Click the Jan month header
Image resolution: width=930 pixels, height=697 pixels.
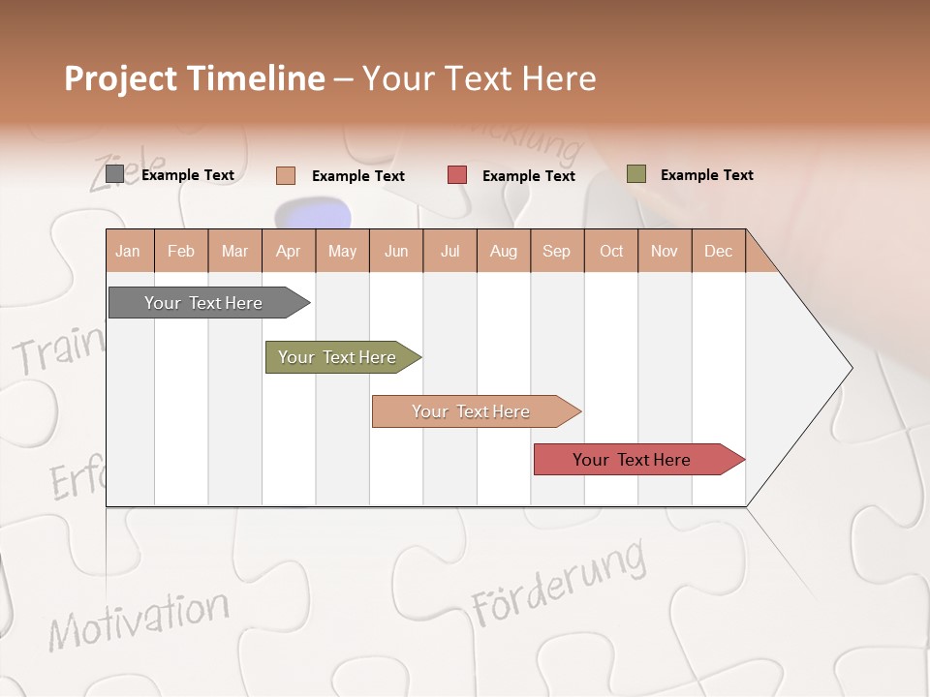click(x=129, y=252)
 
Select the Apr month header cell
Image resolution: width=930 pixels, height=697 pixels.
click(x=289, y=252)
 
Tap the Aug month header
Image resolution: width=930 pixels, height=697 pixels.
click(x=504, y=252)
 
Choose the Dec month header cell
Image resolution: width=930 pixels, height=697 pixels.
click(x=718, y=252)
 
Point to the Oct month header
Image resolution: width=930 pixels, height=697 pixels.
click(x=611, y=252)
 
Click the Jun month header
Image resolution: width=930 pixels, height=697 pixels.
click(x=396, y=252)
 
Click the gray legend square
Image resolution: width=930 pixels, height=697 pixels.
click(x=114, y=174)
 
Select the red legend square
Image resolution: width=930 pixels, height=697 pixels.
click(x=457, y=175)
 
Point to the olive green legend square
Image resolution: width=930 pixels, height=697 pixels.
click(x=635, y=174)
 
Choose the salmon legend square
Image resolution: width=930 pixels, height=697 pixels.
click(x=285, y=175)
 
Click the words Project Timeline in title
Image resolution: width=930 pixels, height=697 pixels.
click(x=194, y=78)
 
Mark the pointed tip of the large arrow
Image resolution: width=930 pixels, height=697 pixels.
click(x=851, y=368)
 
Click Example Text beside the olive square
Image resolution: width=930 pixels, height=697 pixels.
click(x=706, y=175)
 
